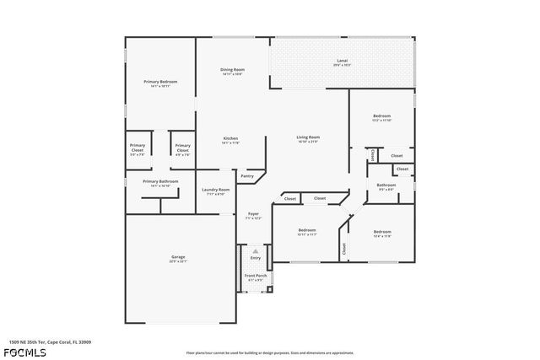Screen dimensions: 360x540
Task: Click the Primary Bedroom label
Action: tap(160, 81)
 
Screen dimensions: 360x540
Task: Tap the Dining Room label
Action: tap(232, 70)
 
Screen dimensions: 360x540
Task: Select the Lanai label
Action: tap(343, 61)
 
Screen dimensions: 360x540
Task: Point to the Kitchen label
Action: tap(230, 138)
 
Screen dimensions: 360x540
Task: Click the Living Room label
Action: tap(307, 137)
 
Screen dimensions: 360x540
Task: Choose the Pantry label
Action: tap(247, 176)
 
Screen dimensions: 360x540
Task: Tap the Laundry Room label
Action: tap(216, 190)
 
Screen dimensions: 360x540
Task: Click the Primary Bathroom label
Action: tap(159, 181)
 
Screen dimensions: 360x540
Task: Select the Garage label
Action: tap(179, 256)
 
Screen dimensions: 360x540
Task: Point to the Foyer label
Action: tap(253, 214)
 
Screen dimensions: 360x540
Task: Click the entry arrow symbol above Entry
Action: tap(255, 250)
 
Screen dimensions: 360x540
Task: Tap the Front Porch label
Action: tap(255, 276)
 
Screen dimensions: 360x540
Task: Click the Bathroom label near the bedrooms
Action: tap(386, 185)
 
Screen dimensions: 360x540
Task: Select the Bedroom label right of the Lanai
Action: tap(382, 116)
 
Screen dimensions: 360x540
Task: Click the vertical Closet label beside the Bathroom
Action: tap(372, 155)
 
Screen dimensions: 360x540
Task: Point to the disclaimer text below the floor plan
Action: tap(269, 352)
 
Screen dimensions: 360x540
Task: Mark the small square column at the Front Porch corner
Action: tap(270, 291)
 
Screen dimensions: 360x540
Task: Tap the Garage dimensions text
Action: tap(179, 261)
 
